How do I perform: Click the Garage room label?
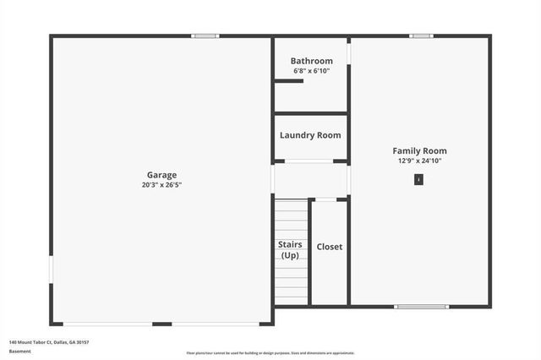coord(161,175)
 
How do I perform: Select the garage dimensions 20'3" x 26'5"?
coord(161,184)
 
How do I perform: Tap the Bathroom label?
coord(311,61)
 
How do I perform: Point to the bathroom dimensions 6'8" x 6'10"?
coord(311,71)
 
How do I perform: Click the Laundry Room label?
coord(310,135)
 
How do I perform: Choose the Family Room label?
coord(419,150)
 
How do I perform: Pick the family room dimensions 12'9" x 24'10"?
coord(419,161)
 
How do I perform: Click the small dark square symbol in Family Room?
coord(418,179)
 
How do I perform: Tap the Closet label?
coord(330,247)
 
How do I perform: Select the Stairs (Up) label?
coord(291,249)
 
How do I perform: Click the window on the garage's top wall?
coord(205,35)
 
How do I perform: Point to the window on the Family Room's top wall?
coord(421,35)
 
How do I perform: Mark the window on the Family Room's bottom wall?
coord(422,306)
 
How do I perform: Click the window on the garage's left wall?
coord(51,270)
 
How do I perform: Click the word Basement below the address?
coord(20,351)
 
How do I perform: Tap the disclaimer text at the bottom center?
coord(270,353)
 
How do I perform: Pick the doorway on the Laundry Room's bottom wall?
coord(309,161)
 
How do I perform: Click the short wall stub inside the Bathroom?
coord(283,81)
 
